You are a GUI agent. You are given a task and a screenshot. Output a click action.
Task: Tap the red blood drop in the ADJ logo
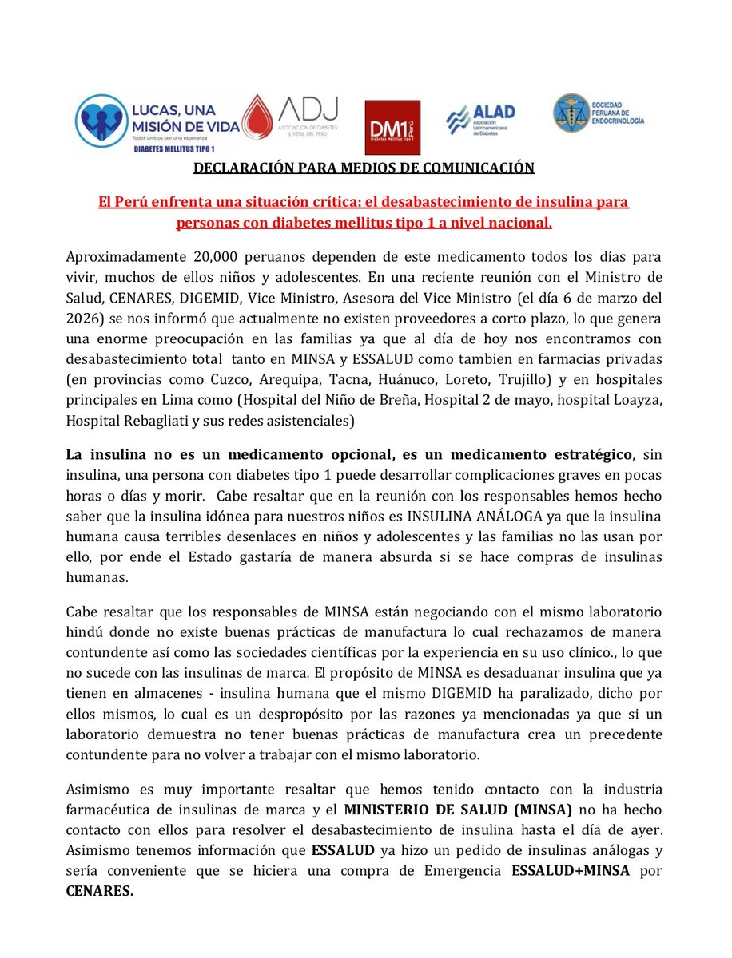257,117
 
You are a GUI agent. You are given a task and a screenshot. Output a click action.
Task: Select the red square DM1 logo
392,127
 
